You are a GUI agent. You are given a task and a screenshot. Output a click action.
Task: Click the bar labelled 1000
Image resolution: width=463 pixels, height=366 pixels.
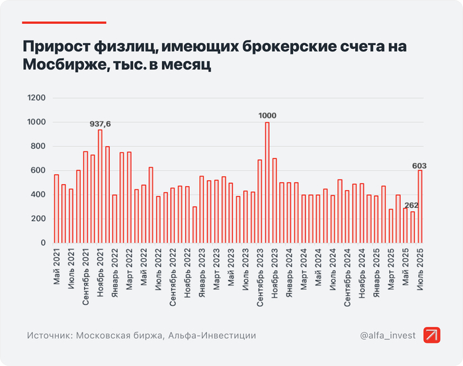[x=267, y=183]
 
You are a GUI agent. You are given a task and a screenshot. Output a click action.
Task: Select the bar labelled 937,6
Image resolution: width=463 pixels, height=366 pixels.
[x=100, y=187]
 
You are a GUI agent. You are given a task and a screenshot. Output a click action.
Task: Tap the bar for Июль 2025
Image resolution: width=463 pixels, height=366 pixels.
[x=420, y=206]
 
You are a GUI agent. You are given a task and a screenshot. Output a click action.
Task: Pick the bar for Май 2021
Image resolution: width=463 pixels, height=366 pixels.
[x=56, y=208]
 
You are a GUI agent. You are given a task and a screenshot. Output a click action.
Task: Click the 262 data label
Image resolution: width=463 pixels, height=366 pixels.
[x=411, y=205]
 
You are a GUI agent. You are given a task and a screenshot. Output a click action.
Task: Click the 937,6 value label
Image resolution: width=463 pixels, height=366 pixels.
[x=101, y=124]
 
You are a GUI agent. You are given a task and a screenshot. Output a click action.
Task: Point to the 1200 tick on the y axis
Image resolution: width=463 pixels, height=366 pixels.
[x=36, y=98]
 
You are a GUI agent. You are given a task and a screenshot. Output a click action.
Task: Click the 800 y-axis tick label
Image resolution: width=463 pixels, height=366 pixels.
[x=38, y=146]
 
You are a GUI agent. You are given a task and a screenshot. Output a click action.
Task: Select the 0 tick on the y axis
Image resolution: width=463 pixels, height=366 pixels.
[x=43, y=243]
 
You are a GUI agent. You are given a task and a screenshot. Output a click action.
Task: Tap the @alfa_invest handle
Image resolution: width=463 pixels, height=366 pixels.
[x=388, y=336]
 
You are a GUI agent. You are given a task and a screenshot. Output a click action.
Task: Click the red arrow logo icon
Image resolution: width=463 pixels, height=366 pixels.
[x=433, y=336]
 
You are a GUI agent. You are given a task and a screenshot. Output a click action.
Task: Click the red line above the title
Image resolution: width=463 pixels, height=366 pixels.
[x=64, y=23]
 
